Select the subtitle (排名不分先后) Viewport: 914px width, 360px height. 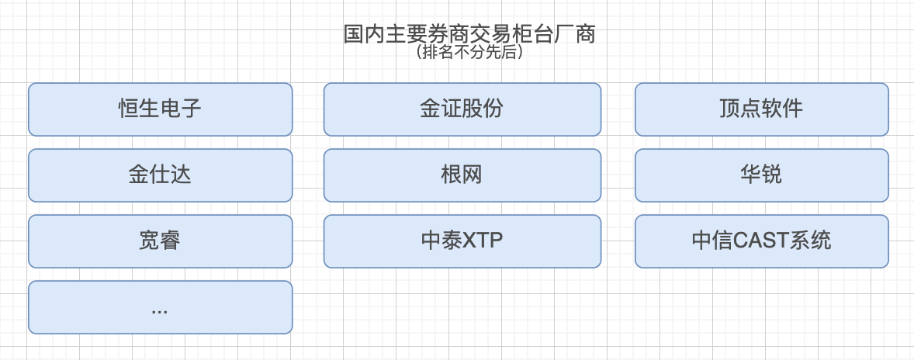tap(469, 53)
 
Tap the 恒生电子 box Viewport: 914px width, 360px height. tap(160, 109)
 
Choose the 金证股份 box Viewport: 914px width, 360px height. tap(462, 109)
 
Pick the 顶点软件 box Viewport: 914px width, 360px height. tap(761, 109)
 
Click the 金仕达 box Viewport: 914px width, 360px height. tap(160, 175)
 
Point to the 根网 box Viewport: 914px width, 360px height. tap(462, 175)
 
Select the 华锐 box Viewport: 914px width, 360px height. tap(761, 175)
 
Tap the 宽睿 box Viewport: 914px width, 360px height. tap(160, 241)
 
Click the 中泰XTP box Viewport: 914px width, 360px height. tap(462, 241)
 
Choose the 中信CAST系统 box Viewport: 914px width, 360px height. tap(761, 241)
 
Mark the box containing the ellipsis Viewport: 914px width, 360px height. tap(160, 307)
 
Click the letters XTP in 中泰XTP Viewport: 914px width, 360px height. tap(483, 241)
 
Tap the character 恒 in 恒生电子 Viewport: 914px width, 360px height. tap(129, 109)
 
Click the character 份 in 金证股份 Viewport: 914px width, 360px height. tap(493, 109)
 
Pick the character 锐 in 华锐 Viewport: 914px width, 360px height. tap(772, 175)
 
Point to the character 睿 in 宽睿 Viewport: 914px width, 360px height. tap(171, 241)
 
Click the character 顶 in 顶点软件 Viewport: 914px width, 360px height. tap(730, 109)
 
